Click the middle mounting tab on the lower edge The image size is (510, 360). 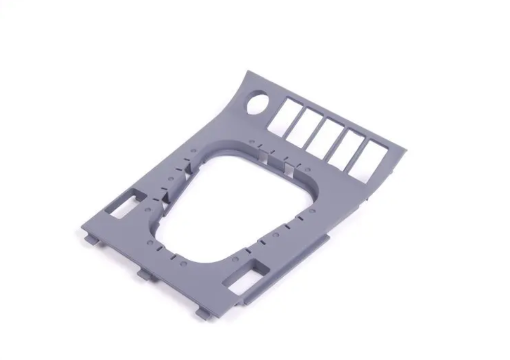144,275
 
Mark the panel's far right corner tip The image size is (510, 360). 407,150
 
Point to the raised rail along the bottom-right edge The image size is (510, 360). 288,269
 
